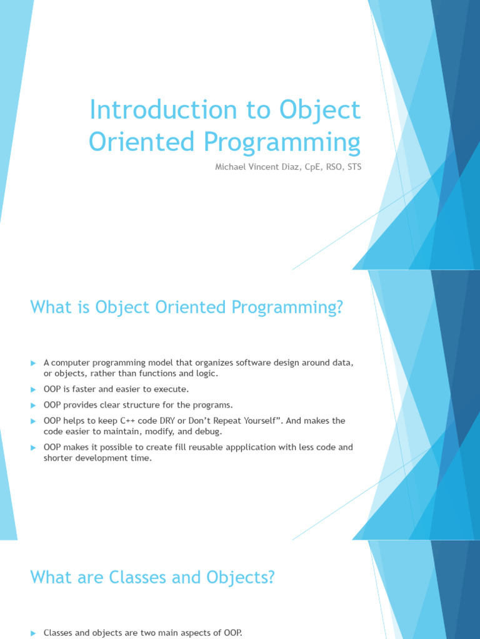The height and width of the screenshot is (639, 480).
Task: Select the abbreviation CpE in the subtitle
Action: point(304,167)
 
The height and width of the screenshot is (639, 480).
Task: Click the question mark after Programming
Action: point(338,308)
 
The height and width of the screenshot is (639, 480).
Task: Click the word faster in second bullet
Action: point(81,389)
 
